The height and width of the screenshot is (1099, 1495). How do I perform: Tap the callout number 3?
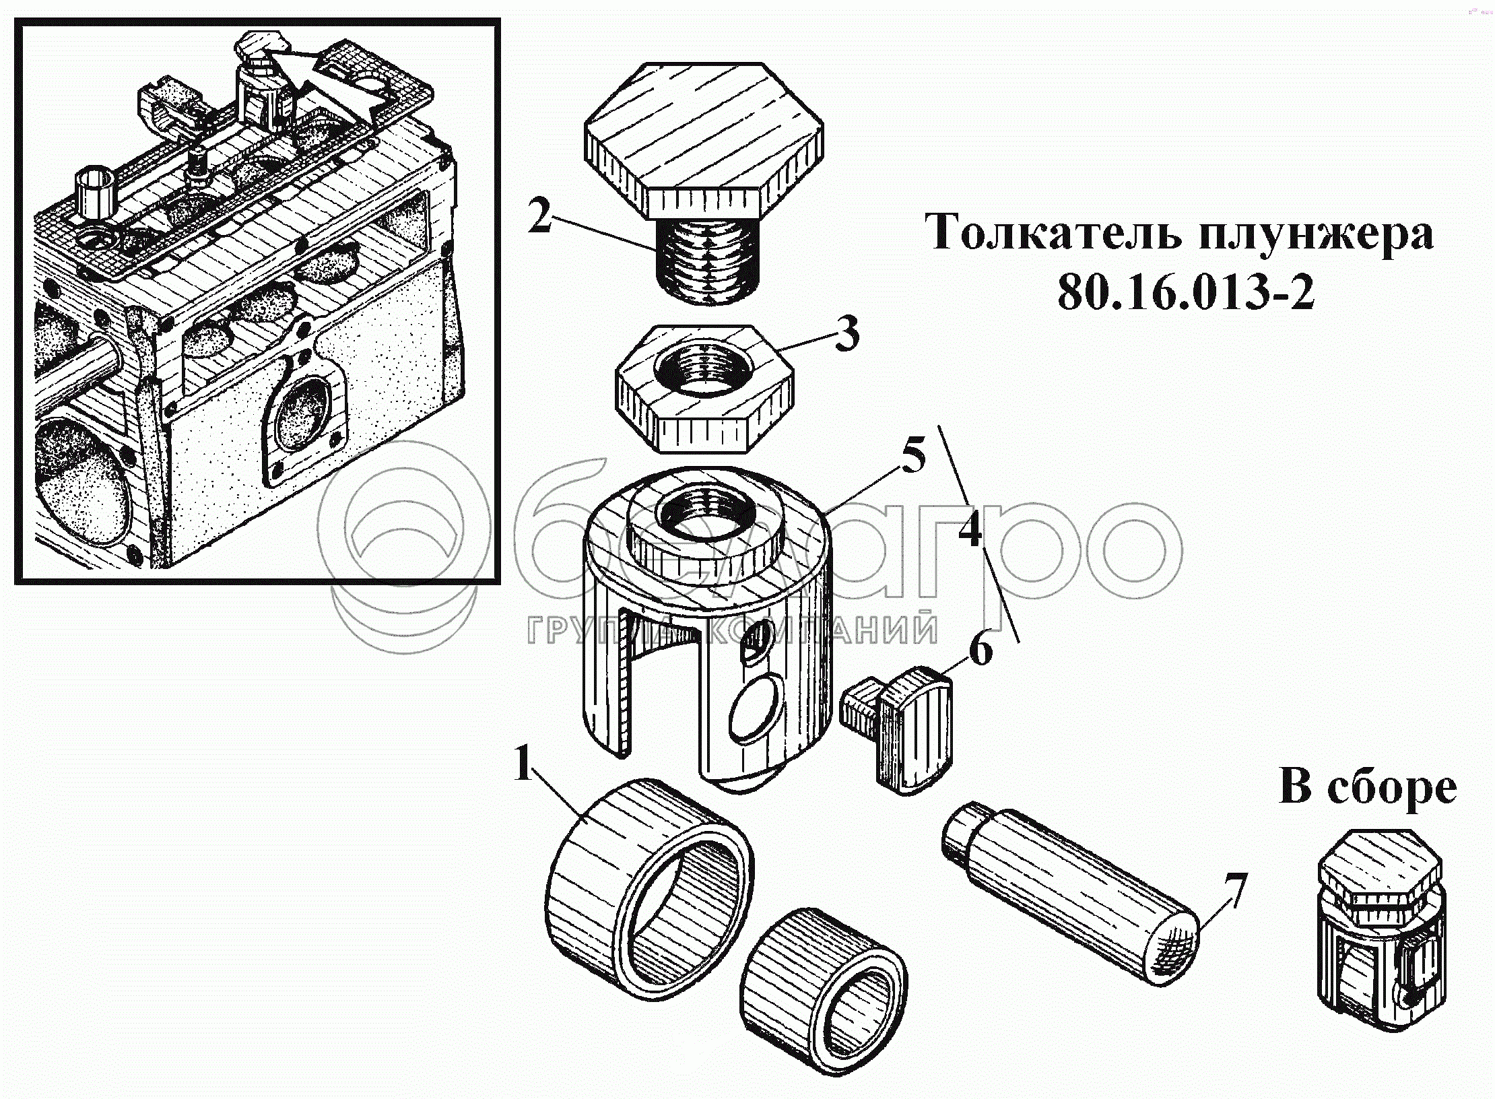pos(846,335)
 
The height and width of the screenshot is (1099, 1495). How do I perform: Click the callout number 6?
pos(980,651)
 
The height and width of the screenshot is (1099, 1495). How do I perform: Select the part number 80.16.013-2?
pos(1185,294)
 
